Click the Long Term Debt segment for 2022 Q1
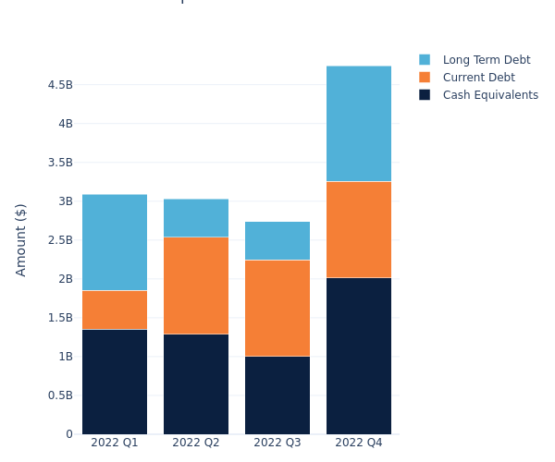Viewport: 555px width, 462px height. click(x=115, y=242)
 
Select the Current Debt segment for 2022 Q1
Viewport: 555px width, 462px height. click(x=115, y=310)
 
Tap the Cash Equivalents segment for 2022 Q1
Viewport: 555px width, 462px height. click(x=115, y=382)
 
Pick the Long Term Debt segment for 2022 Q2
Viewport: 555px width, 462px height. click(x=196, y=218)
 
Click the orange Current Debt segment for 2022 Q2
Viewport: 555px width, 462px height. click(x=196, y=286)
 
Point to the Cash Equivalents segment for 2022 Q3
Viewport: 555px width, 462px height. click(x=277, y=395)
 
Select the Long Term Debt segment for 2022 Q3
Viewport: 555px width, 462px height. click(x=277, y=240)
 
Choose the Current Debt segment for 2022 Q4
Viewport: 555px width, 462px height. click(x=359, y=229)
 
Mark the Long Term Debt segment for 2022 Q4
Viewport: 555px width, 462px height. click(x=359, y=124)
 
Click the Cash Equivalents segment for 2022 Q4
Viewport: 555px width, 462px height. click(x=359, y=356)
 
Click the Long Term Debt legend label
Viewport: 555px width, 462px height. click(x=487, y=60)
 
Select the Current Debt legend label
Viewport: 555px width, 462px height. click(x=478, y=78)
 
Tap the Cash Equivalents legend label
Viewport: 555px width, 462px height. click(x=490, y=95)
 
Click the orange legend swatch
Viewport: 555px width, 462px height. click(x=425, y=78)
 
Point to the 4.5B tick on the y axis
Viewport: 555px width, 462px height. click(x=60, y=85)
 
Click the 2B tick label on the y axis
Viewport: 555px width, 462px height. click(x=65, y=279)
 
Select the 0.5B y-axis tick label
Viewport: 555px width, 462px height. click(x=60, y=395)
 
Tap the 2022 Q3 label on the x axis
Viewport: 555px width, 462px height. click(x=277, y=443)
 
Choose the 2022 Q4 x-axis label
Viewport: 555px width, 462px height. click(x=359, y=443)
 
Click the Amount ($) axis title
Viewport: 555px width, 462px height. click(x=21, y=239)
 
